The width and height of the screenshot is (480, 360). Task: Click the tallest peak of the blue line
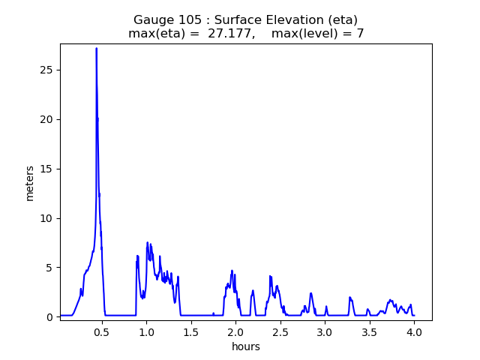tap(96, 49)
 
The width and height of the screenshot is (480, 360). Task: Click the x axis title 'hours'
tap(246, 346)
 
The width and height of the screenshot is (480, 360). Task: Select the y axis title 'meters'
tap(30, 182)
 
